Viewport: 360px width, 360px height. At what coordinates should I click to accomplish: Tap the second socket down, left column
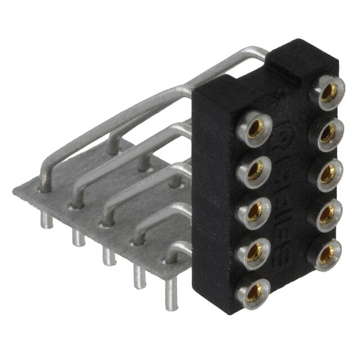255,169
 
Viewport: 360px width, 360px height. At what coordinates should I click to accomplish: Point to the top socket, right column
328,91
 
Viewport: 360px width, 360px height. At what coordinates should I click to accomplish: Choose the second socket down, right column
327,132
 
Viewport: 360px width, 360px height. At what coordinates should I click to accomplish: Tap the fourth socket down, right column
327,213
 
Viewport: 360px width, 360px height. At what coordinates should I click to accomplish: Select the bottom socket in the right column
326,254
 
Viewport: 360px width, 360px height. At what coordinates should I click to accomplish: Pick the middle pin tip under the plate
108,258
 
